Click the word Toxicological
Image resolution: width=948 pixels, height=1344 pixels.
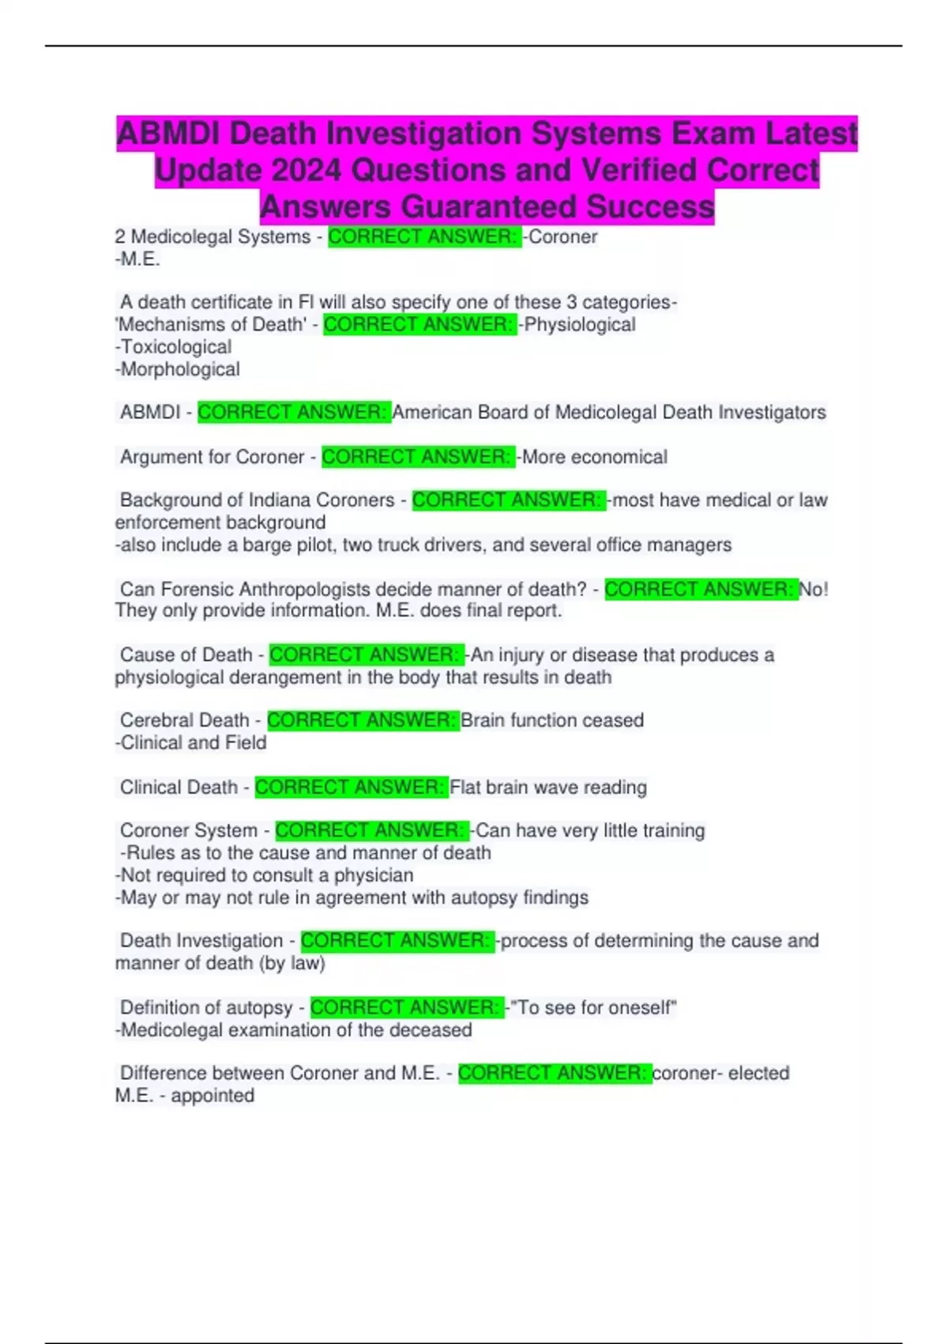coord(175,347)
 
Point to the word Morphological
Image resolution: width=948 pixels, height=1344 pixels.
coord(179,369)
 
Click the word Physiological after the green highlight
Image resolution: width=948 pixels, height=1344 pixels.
coord(579,325)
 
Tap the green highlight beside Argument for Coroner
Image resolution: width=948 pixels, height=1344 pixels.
coord(418,457)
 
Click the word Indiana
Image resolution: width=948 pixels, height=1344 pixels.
coord(280,500)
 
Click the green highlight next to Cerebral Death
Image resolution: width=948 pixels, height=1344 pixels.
coord(363,720)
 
